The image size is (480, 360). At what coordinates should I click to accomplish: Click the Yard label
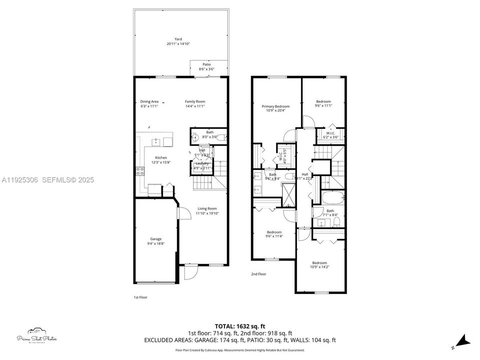[x=178, y=39]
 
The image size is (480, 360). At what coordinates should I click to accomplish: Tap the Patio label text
[x=206, y=64]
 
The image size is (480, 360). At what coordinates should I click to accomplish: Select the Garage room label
[x=156, y=239]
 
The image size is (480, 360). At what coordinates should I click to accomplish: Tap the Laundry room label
[x=202, y=163]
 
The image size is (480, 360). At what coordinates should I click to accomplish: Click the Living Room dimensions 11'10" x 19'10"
[x=207, y=213]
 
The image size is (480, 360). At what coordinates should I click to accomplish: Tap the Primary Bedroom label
[x=275, y=106]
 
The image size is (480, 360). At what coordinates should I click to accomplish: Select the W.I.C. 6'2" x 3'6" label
[x=330, y=135]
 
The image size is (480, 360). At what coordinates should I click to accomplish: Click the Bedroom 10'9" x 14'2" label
[x=319, y=265]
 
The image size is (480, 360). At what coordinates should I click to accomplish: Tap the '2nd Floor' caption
[x=258, y=274]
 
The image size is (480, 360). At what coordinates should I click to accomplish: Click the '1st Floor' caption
[x=140, y=297]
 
